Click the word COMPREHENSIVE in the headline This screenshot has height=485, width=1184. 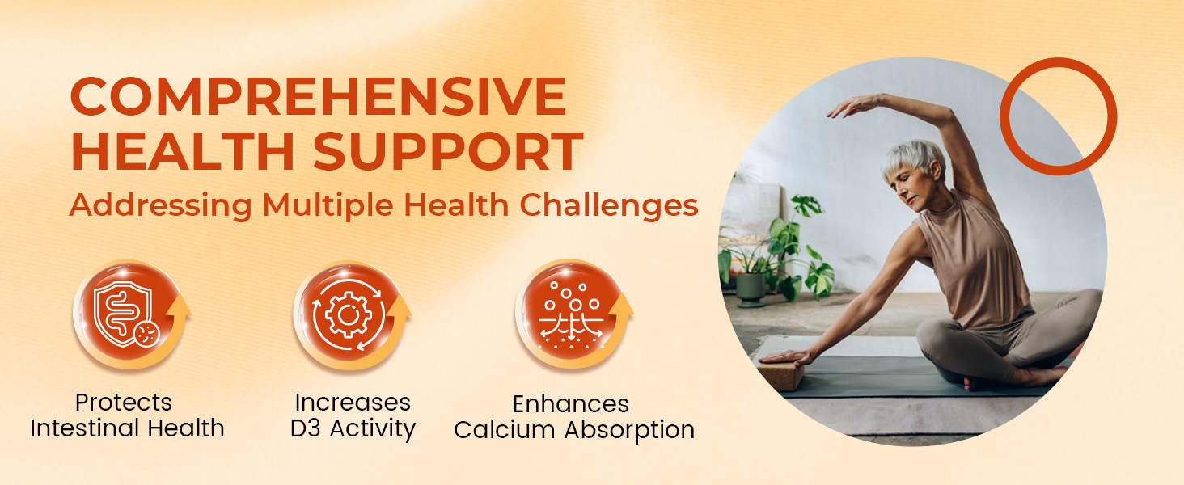[x=318, y=97]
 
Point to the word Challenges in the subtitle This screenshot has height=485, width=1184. [x=609, y=205]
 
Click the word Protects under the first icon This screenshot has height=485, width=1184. [x=124, y=403]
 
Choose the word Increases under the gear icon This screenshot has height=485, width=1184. [x=353, y=403]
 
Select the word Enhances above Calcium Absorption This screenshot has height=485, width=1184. [x=571, y=403]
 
